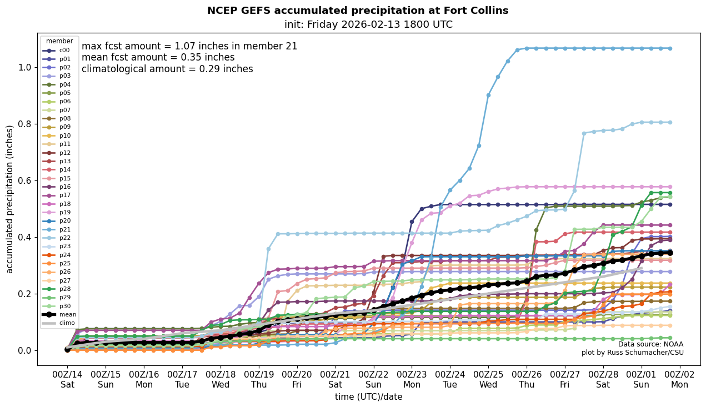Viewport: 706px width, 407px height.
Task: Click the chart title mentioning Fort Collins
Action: point(357,11)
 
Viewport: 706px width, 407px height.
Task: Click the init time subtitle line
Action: point(368,24)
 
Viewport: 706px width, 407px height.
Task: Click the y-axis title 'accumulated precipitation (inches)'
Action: point(9,199)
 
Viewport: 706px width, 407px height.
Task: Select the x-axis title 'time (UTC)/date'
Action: point(368,397)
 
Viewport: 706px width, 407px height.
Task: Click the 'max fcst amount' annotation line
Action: point(189,46)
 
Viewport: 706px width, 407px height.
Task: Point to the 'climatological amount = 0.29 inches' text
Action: point(167,69)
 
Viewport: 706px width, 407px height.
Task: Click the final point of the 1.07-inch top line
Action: point(669,48)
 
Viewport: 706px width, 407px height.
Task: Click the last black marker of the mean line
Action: point(669,253)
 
